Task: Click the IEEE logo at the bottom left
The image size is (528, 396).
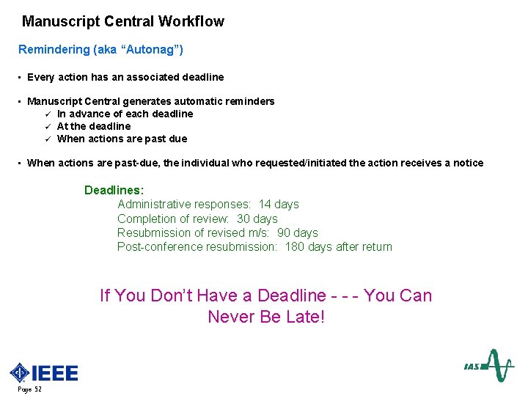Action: tap(44, 373)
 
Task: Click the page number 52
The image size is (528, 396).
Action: tap(37, 389)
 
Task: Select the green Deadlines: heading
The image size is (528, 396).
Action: tap(114, 190)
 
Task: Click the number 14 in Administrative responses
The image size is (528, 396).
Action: tap(265, 204)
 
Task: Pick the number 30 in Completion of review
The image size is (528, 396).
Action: tap(244, 219)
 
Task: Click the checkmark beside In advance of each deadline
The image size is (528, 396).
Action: tap(47, 114)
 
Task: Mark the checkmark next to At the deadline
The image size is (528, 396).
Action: tap(47, 126)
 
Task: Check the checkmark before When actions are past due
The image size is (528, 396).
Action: tap(47, 139)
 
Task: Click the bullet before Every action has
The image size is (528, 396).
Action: tap(19, 77)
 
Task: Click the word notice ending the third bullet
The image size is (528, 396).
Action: tap(468, 163)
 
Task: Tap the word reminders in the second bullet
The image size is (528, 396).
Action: tap(249, 101)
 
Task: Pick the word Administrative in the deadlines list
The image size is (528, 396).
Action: tap(153, 204)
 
